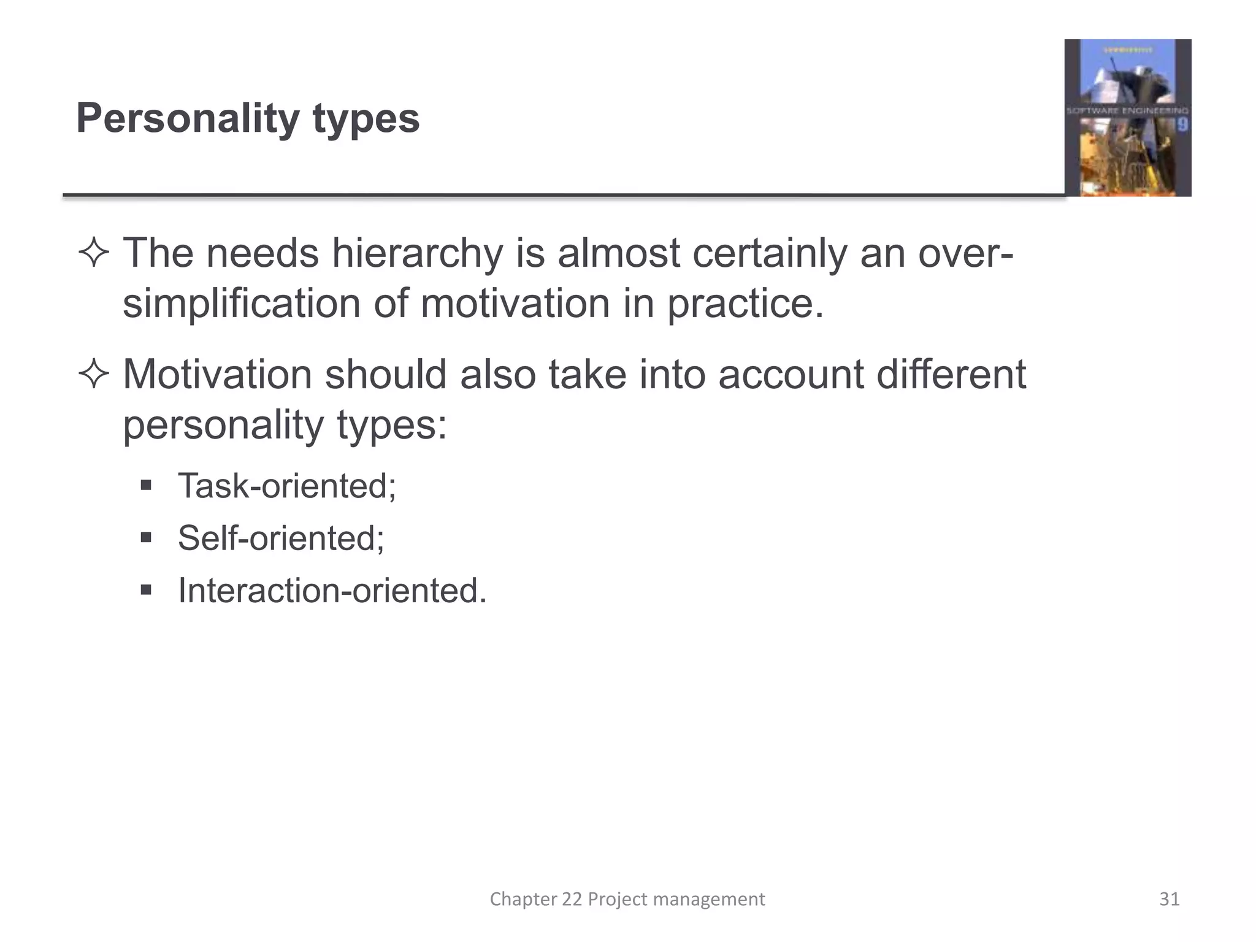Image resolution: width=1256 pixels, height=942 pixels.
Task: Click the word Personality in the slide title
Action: (x=188, y=118)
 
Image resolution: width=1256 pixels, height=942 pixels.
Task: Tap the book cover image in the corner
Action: (x=1127, y=118)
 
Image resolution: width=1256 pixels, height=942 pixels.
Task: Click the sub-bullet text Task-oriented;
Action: (x=287, y=486)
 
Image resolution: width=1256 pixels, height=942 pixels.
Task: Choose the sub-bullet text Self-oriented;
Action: (x=281, y=538)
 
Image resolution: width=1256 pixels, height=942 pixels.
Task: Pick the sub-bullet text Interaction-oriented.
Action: (x=332, y=591)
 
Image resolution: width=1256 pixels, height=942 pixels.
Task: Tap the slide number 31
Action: (x=1169, y=899)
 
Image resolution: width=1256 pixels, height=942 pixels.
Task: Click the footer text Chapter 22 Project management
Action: (x=627, y=899)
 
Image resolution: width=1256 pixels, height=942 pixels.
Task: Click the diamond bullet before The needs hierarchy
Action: (x=94, y=254)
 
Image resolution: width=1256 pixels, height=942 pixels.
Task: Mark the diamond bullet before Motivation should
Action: (x=94, y=375)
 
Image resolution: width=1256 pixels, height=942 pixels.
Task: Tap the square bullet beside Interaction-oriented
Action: (x=146, y=591)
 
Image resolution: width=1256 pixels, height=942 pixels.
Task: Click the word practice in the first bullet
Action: (x=745, y=304)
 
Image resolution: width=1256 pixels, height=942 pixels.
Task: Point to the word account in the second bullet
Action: (x=791, y=374)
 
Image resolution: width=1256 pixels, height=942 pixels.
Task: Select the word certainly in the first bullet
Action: (x=770, y=253)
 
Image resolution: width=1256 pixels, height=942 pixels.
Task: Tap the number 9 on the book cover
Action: (x=1182, y=126)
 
